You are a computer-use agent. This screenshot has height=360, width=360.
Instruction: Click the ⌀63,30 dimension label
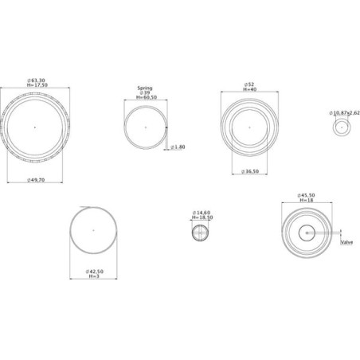point(36,80)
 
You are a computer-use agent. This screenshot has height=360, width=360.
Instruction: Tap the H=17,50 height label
point(37,85)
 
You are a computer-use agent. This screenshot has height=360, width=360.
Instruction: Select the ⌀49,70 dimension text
point(36,180)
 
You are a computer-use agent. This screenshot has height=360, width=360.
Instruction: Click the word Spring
point(145,88)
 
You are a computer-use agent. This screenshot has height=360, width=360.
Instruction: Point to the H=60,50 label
point(147,97)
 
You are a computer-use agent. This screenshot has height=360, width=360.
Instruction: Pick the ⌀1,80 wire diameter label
point(178,147)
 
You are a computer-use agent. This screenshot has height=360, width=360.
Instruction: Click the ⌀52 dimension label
point(249,84)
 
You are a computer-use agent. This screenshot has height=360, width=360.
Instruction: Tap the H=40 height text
point(250,89)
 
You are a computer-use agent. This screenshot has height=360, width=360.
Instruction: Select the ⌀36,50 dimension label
point(250,171)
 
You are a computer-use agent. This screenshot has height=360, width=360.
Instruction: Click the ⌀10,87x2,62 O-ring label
point(344,113)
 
